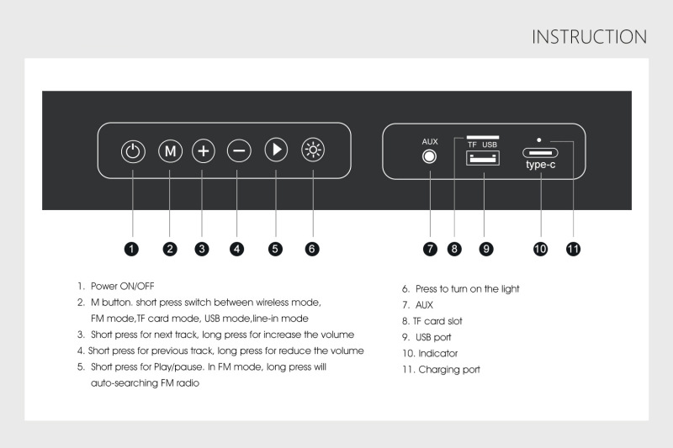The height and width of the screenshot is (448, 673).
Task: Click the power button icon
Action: click(133, 151)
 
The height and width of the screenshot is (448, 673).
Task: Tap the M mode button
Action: click(170, 151)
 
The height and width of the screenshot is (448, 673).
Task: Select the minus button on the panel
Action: click(239, 151)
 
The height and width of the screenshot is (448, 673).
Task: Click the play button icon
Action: click(276, 151)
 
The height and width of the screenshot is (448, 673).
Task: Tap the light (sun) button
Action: click(313, 151)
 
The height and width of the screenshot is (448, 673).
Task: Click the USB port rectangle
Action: click(483, 158)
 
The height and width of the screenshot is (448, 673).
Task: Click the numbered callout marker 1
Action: click(132, 248)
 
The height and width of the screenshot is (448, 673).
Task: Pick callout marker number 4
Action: click(238, 248)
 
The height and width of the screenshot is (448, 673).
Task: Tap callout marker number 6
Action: click(312, 248)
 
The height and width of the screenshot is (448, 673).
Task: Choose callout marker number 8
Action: click(454, 248)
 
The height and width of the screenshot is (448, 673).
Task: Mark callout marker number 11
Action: click(575, 248)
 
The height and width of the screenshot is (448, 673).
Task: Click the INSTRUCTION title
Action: click(589, 37)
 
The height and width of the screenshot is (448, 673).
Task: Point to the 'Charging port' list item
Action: click(448, 369)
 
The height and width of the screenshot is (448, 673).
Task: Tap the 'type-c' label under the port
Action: click(540, 166)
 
